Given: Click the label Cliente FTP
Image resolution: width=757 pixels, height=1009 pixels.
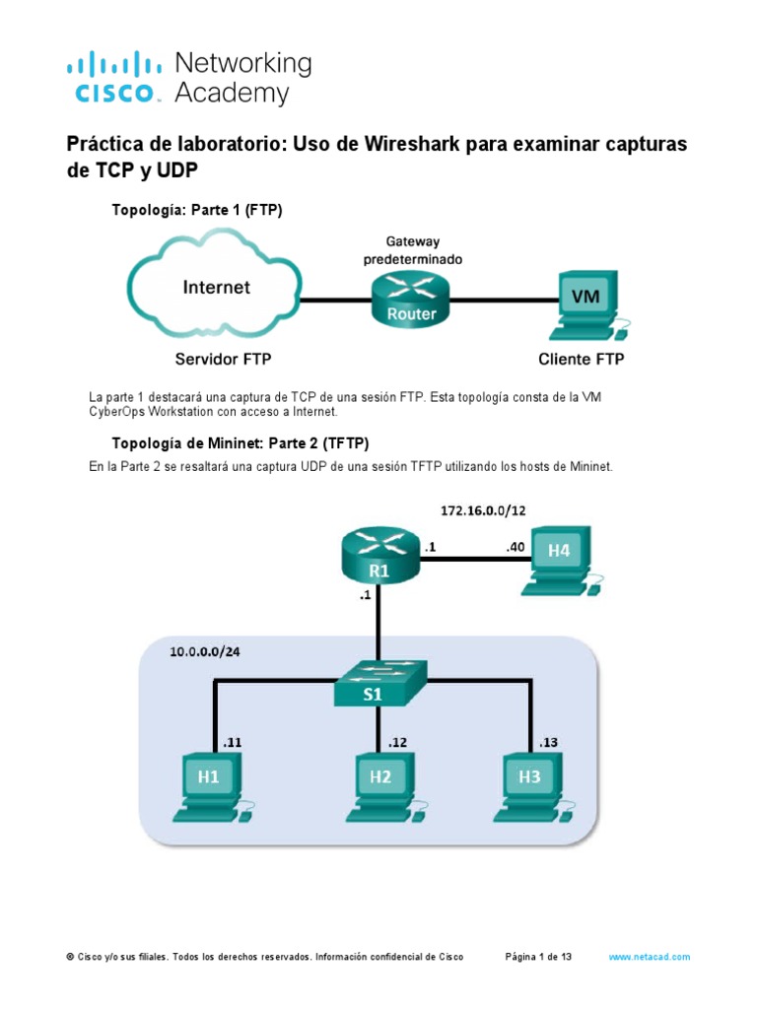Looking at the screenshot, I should (x=581, y=360).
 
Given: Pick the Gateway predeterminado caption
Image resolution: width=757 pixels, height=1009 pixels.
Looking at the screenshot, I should (x=413, y=250).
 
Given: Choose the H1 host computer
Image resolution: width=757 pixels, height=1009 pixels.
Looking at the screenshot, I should (x=211, y=782).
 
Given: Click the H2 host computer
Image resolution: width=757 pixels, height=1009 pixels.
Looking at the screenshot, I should (x=382, y=782).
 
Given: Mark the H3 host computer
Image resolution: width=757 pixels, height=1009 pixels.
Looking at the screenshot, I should (x=532, y=782).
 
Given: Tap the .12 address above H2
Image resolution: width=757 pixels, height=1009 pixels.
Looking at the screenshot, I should (x=398, y=742).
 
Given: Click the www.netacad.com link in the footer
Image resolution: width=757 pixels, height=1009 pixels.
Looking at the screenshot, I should (x=649, y=957).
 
